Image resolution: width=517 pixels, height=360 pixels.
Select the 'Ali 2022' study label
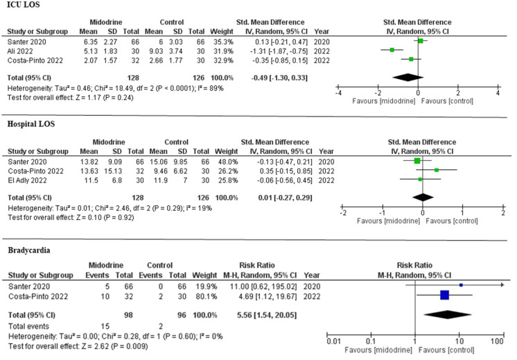click(x=21, y=49)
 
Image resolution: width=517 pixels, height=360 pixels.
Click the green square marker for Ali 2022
click(x=392, y=50)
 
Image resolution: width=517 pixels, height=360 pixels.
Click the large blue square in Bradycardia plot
click(x=444, y=295)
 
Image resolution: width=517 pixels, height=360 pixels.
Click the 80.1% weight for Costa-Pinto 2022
click(x=226, y=295)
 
